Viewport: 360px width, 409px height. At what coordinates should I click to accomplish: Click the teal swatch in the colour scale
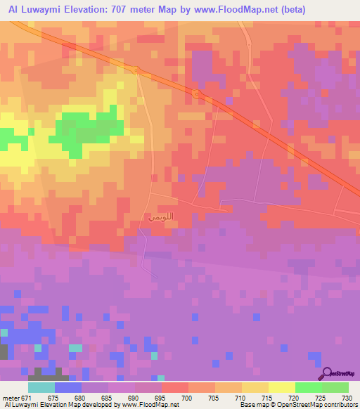[41, 387]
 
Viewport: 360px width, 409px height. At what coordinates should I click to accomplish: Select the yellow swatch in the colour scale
[282, 387]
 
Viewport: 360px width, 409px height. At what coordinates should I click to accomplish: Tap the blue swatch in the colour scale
[68, 387]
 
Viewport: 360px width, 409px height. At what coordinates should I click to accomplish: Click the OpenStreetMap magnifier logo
[326, 374]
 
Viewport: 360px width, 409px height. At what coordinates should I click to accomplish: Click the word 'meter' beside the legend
[12, 398]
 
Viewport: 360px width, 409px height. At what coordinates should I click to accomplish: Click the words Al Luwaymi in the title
[32, 9]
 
